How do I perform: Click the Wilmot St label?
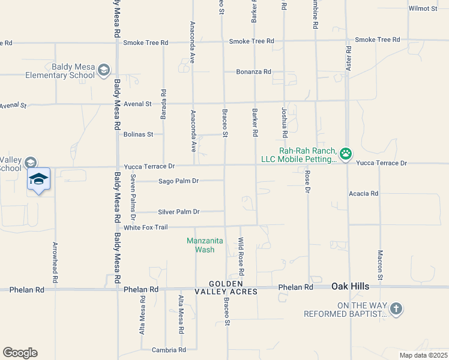point(423,8)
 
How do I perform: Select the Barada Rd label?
point(163,101)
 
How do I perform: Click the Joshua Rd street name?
point(285,123)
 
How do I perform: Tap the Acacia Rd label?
point(364,194)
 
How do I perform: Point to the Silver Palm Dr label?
point(178,212)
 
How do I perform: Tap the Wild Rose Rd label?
point(241,253)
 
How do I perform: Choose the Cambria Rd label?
point(169,350)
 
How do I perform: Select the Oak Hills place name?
point(352,287)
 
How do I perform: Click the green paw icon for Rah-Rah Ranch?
point(346,154)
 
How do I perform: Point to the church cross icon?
point(395,310)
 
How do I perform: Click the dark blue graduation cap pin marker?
point(39,180)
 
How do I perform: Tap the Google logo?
point(20,353)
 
